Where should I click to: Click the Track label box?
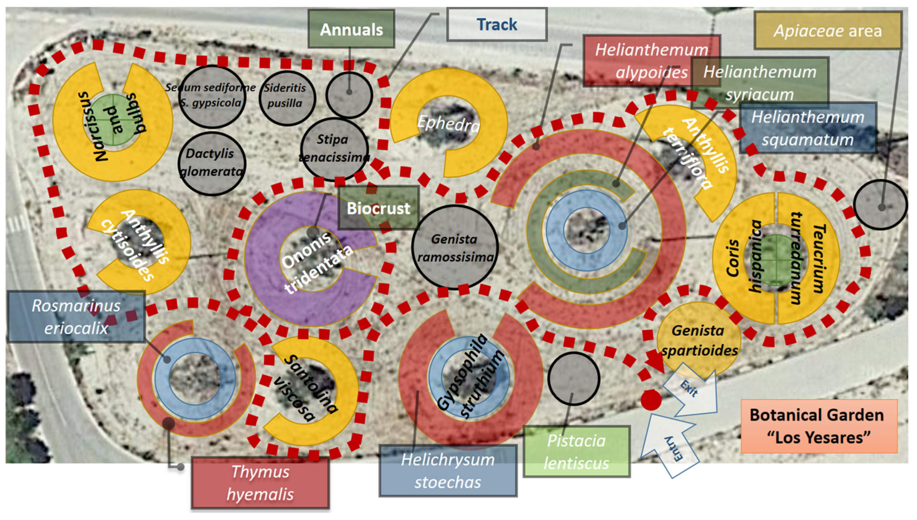496,25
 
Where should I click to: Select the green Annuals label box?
351,29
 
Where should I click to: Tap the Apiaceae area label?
827,31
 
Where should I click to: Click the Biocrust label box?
378,208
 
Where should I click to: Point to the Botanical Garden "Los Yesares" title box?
819,426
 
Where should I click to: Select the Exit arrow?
692,391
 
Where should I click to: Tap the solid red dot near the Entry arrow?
651,400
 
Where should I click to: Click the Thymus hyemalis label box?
260,483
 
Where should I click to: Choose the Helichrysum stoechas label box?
448,471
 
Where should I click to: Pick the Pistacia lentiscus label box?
576,452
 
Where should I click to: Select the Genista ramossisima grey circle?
455,248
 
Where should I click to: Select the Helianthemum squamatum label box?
808,128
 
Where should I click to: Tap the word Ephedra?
448,123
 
